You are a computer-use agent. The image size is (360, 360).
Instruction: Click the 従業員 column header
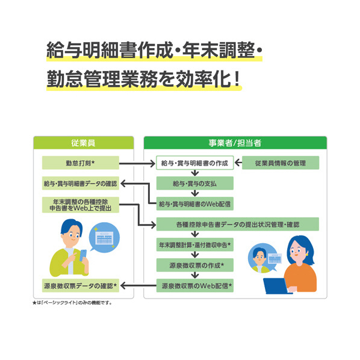click(x=84, y=143)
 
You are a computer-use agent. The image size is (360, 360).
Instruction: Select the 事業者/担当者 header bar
click(x=235, y=143)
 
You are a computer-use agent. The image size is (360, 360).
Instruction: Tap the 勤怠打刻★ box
click(x=81, y=163)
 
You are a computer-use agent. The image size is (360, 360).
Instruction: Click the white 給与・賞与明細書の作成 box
click(x=194, y=163)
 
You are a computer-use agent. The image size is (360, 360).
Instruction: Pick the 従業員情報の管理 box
click(x=281, y=163)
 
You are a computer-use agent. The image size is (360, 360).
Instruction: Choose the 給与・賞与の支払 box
click(x=194, y=183)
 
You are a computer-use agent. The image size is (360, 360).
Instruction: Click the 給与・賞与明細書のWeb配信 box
click(x=194, y=203)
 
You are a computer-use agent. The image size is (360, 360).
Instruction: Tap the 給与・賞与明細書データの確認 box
click(x=81, y=183)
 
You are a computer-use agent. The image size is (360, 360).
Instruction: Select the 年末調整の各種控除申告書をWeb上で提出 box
click(x=81, y=205)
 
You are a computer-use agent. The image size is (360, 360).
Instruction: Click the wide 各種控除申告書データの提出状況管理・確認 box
click(x=238, y=224)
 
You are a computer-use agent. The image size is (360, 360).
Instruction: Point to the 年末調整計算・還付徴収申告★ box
click(x=194, y=244)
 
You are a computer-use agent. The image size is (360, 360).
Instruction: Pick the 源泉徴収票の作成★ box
click(x=194, y=265)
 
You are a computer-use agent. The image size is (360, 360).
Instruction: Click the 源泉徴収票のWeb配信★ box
click(x=194, y=285)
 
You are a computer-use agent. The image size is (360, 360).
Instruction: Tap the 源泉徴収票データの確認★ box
click(x=81, y=285)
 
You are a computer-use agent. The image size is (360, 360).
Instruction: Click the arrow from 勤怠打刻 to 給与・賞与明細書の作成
click(x=137, y=164)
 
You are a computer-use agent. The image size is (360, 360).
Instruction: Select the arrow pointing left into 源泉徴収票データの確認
click(x=138, y=286)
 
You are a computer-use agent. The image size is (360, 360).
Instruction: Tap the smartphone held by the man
click(x=83, y=255)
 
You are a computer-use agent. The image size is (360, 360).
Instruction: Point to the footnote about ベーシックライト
click(x=72, y=303)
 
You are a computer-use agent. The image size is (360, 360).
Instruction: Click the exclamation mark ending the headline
click(x=237, y=79)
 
